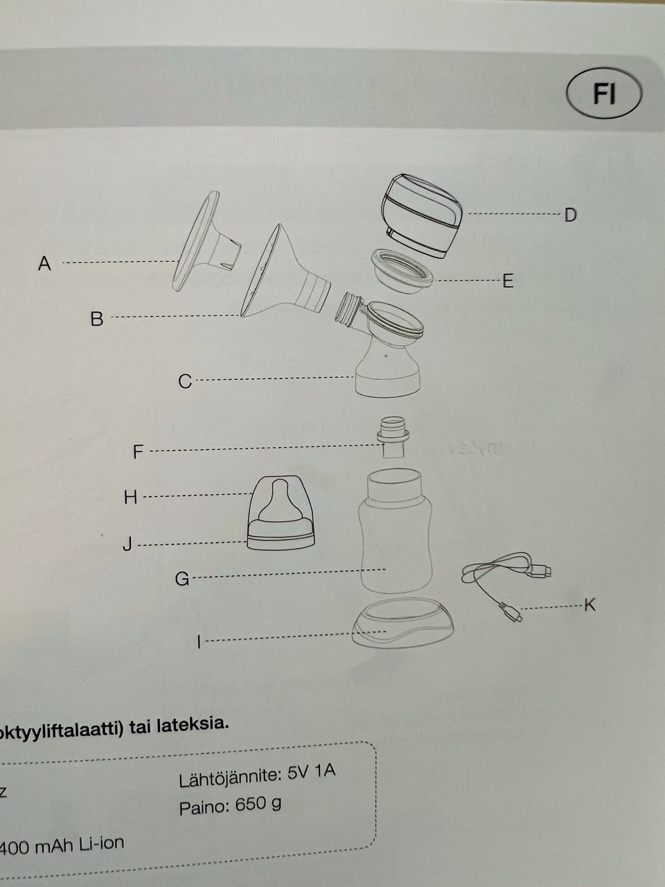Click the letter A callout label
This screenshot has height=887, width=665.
point(45,263)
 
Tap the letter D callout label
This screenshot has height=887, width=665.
point(570,215)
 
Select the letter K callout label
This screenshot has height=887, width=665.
point(589,605)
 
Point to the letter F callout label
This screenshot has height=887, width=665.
point(138,452)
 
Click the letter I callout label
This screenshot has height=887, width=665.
point(199,642)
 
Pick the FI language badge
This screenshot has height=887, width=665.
point(604,94)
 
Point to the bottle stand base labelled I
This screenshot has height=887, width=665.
point(402,624)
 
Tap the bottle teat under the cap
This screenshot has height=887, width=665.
point(279,502)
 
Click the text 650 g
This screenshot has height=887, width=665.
point(258,805)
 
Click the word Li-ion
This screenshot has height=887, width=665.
point(100,843)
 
